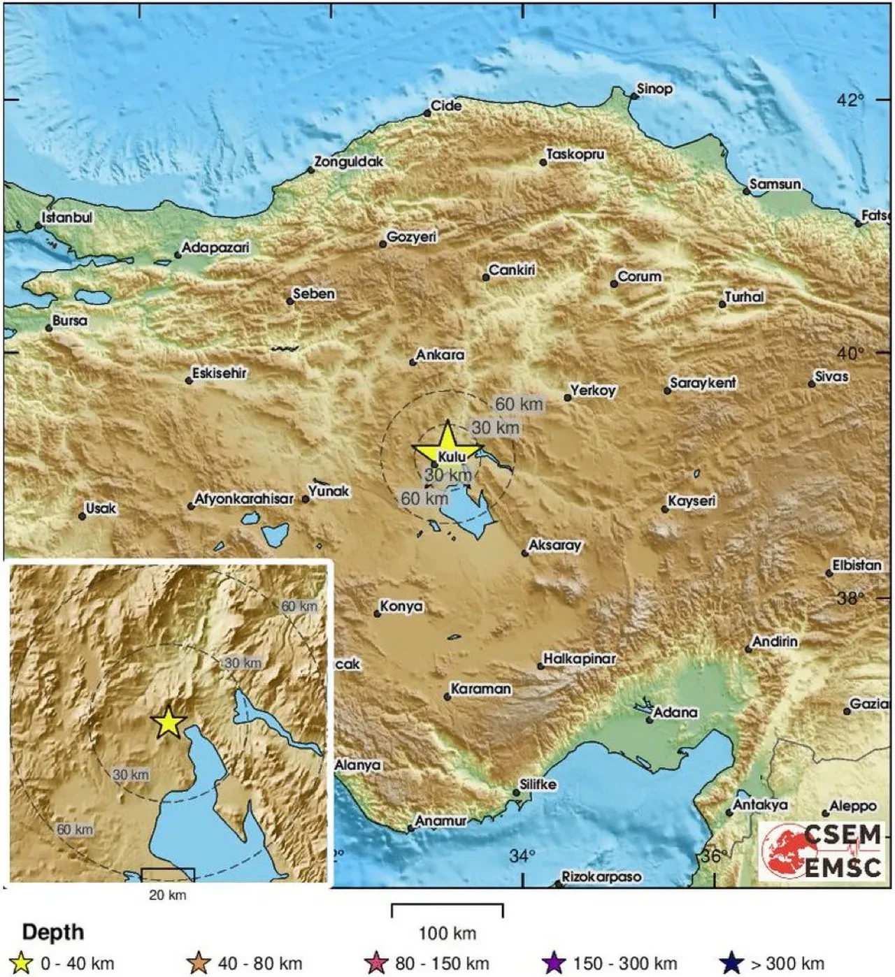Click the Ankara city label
point(440,355)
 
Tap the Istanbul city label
point(67,217)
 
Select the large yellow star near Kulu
point(447,444)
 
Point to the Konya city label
point(401,606)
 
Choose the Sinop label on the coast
point(654,89)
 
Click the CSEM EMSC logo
point(822,851)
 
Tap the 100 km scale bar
point(447,911)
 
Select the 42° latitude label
point(850,100)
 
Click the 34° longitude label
point(522,855)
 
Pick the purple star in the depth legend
point(554,964)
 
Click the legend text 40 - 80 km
point(260,964)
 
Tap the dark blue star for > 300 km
point(731,964)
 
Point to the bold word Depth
point(53,932)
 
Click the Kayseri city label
point(692,501)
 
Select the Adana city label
point(675,712)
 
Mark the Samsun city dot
point(747,191)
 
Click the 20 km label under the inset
point(168,895)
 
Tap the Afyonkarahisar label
point(243,499)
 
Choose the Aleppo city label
point(852,806)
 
